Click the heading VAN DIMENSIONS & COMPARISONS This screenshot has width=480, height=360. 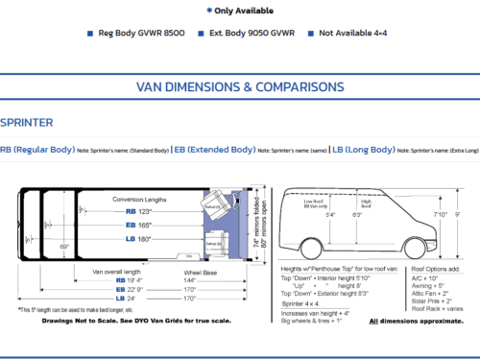click(239, 86)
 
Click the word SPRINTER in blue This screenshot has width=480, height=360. click(27, 123)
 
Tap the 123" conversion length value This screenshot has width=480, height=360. click(146, 211)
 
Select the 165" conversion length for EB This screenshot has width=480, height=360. click(146, 225)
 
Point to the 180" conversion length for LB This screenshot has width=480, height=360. click(146, 238)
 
